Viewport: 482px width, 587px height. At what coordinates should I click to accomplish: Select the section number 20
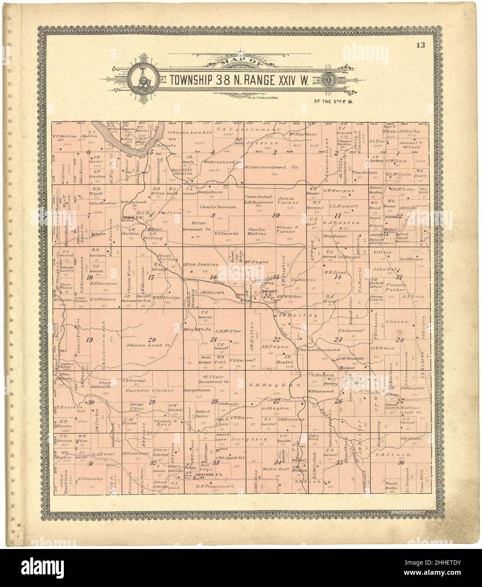click(152, 340)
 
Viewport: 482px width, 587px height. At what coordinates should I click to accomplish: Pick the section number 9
click(213, 216)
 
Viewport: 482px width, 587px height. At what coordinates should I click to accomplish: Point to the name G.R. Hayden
click(274, 385)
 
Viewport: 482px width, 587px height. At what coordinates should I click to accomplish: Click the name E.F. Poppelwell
click(215, 486)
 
